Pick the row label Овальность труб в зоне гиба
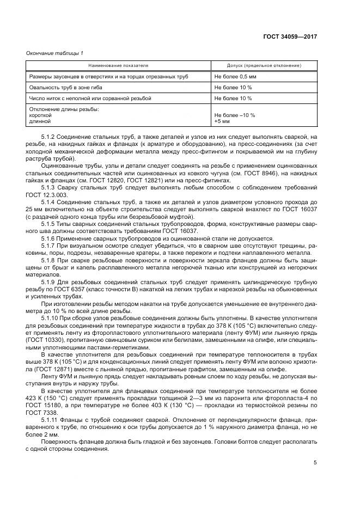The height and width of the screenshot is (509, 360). tap(65, 87)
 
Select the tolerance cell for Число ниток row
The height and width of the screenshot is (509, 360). tap(233, 98)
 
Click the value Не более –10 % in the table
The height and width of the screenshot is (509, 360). tap(235, 115)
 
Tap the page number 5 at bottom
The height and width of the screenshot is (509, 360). tap(315, 463)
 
